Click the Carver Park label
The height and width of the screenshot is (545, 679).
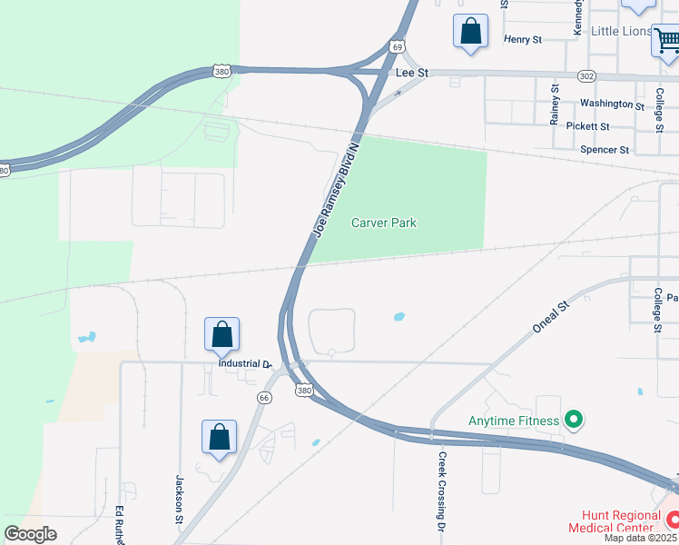tap(384, 223)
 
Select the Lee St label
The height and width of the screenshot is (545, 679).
tap(411, 72)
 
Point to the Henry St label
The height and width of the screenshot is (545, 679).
tap(522, 40)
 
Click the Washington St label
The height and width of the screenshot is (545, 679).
tap(612, 105)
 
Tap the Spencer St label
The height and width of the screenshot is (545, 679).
tap(604, 149)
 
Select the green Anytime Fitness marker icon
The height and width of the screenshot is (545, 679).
tap(573, 421)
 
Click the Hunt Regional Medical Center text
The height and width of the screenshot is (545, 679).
tap(614, 520)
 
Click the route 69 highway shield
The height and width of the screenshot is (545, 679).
tap(398, 45)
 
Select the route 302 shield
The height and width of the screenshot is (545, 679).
tap(586, 75)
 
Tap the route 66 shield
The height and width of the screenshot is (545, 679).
tap(263, 397)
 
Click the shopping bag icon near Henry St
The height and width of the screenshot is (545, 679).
tap(471, 31)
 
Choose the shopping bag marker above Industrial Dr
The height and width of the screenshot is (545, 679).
tap(222, 335)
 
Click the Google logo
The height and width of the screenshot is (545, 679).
tap(31, 534)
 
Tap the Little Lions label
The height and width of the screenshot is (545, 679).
tap(621, 31)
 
